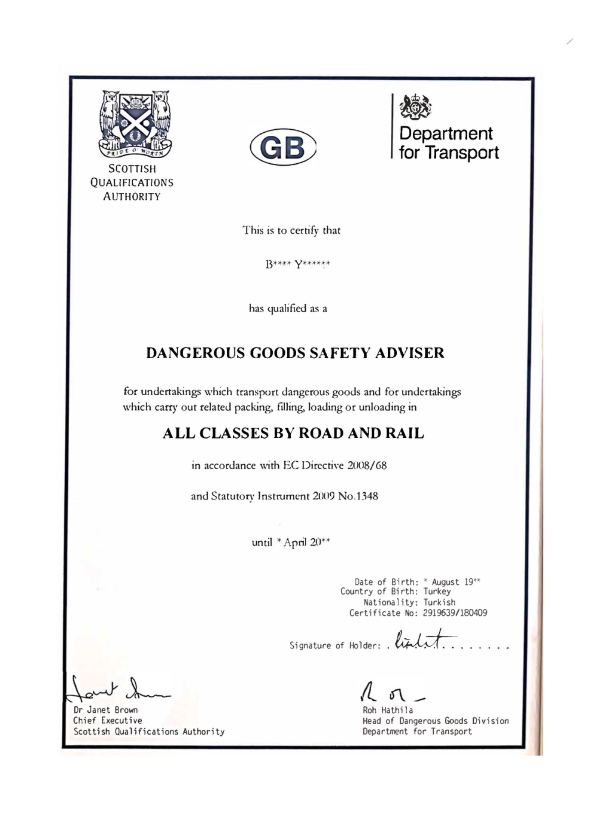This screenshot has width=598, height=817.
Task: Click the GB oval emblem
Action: (283, 147)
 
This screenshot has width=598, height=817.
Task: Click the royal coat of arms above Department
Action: (415, 107)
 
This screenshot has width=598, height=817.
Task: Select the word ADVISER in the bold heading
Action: (409, 353)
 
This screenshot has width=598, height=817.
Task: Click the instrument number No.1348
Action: (358, 496)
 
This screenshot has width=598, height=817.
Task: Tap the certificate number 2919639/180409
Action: (455, 613)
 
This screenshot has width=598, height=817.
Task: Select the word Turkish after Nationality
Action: (439, 602)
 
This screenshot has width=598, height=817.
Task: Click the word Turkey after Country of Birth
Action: (437, 591)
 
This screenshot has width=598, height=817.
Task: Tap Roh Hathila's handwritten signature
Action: (389, 693)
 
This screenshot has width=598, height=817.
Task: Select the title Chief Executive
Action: (107, 720)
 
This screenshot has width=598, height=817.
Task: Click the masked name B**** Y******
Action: (298, 264)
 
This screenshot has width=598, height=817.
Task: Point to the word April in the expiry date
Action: (295, 542)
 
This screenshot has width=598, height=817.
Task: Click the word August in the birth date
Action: (445, 582)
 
